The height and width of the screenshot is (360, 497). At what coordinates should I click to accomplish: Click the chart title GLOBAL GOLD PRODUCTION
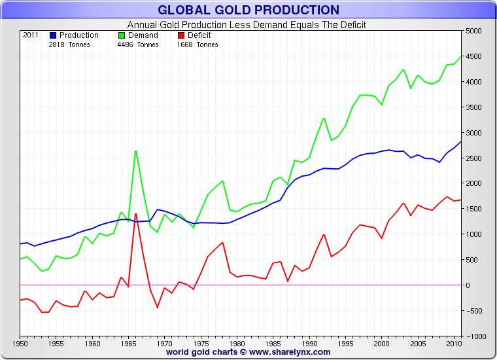248,10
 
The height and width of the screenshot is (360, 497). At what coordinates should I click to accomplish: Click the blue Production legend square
54,35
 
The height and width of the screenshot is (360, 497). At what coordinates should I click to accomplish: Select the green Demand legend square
122,35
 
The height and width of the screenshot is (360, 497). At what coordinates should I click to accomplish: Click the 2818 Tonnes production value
69,45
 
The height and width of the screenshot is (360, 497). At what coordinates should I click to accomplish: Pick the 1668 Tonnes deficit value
197,45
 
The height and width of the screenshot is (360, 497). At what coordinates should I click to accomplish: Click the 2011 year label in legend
31,35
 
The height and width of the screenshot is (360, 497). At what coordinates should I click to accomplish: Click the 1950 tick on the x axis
20,343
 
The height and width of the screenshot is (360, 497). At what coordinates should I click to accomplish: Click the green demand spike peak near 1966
135,151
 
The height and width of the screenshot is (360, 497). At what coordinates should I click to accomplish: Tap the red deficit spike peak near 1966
135,214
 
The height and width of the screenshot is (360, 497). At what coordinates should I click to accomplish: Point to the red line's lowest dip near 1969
158,307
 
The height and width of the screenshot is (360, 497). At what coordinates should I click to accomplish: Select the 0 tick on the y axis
468,285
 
